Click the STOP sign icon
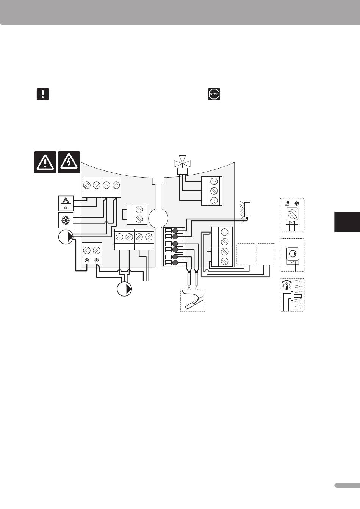[214, 94]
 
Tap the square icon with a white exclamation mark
[43, 94]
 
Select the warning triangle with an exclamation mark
[45, 162]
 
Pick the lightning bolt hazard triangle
[69, 162]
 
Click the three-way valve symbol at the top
[183, 164]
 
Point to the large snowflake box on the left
[66, 220]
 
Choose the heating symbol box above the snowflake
[66, 203]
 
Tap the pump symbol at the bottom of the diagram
[125, 289]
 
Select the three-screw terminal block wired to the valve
[211, 190]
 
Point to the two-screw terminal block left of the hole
[136, 214]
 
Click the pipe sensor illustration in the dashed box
[193, 301]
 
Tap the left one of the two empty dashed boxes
[246, 254]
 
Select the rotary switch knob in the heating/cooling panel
[292, 215]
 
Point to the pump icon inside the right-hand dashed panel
[292, 253]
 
